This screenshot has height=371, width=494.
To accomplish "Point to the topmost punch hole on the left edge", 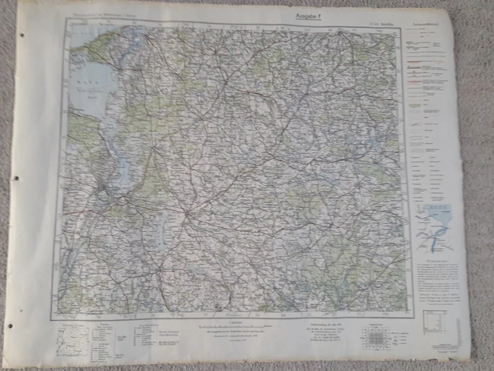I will [22, 35].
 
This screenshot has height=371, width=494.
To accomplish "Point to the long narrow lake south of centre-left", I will [161, 229].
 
